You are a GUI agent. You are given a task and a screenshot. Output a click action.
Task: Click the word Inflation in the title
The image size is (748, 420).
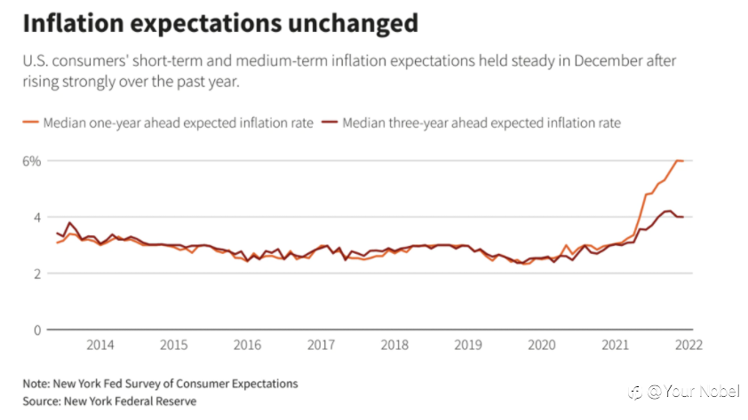coord(74,23)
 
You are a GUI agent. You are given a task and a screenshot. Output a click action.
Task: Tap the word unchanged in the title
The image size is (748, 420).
coord(353,23)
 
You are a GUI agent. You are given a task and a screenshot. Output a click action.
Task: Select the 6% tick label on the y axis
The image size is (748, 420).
coord(31,161)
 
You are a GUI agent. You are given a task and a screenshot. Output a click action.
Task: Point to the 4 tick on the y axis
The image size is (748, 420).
coord(36,218)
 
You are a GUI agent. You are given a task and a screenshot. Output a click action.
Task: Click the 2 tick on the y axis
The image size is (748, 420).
coord(36,273)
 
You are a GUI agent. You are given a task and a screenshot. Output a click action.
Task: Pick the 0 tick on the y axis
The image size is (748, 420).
coord(36,330)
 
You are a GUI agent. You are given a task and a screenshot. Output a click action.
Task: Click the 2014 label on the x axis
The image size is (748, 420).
coord(100,345)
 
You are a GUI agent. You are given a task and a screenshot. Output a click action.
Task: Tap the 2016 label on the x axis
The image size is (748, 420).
coord(247,345)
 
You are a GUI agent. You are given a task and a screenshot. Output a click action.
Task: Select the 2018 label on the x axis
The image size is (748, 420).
coord(394,345)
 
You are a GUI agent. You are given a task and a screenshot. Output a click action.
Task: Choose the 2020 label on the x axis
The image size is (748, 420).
coord(541,345)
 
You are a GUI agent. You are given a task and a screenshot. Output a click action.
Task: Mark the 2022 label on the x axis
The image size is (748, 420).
coord(688,345)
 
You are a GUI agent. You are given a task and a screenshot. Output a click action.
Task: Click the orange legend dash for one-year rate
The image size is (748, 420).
coord(30,123)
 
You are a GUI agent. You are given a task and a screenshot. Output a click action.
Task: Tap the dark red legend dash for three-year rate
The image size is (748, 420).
coord(330,123)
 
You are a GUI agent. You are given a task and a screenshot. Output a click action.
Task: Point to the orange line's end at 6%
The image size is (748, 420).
coord(683,161)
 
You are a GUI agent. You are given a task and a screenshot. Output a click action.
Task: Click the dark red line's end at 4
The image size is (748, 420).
coord(683,217)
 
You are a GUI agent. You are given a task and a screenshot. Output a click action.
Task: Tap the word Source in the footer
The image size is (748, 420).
coord(42,401)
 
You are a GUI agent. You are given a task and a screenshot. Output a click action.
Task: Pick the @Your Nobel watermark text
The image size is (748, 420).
coord(693,392)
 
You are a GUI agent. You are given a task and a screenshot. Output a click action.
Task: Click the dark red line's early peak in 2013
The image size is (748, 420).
coord(69,222)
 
